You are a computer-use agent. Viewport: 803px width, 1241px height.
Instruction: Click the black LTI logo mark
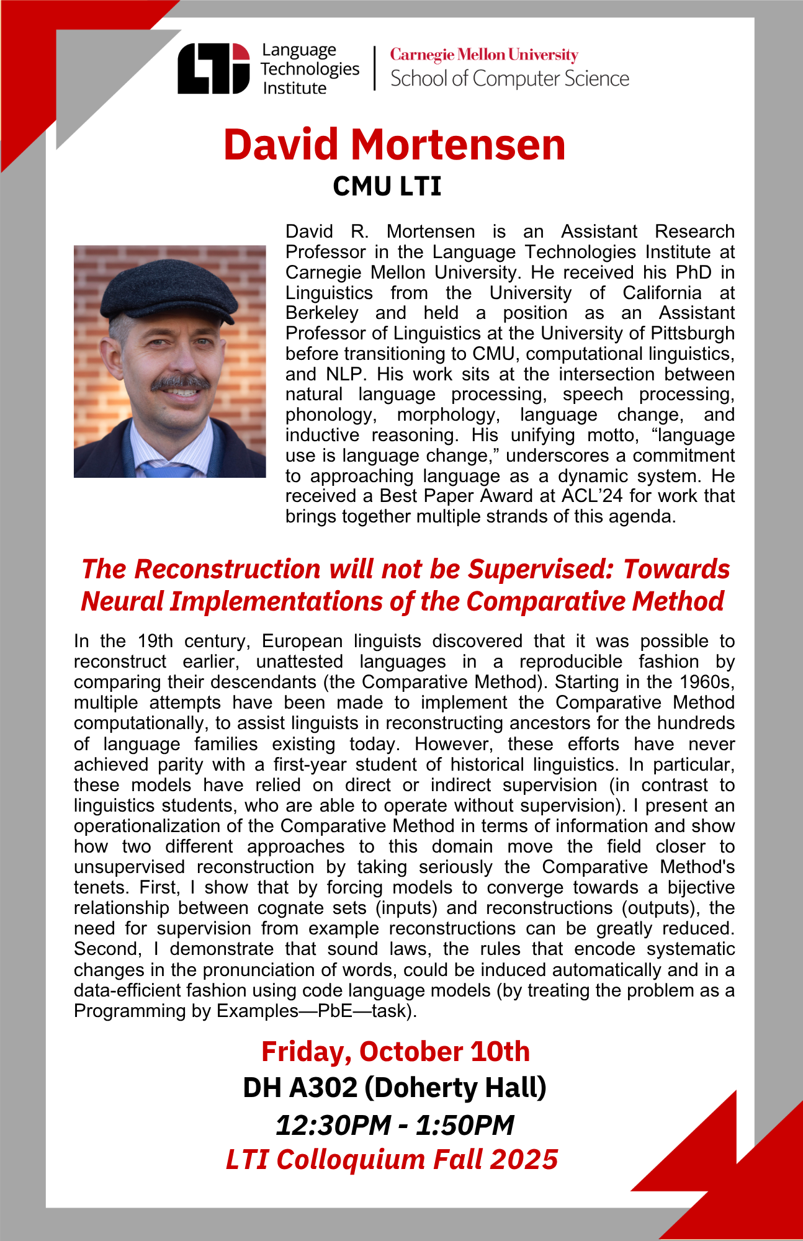tap(213, 68)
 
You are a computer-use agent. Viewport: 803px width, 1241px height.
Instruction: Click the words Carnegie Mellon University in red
tap(484, 55)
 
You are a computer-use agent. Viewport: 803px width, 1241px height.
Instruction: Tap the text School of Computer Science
tap(509, 79)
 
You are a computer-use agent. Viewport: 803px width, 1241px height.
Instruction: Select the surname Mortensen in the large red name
tap(458, 145)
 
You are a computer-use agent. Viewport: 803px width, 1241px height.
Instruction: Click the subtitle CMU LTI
tap(387, 186)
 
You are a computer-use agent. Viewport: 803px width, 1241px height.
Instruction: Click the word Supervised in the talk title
tap(540, 569)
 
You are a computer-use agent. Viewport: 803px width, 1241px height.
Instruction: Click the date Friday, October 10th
tap(395, 1052)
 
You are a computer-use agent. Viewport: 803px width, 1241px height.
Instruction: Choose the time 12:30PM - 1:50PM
tap(395, 1124)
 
